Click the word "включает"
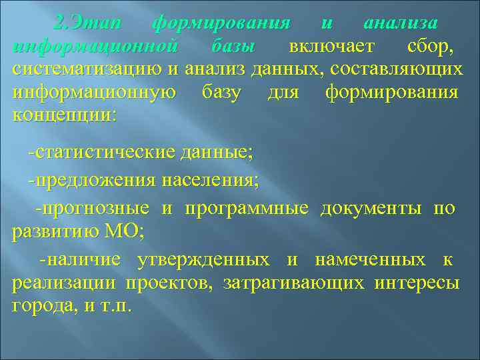pyautogui.click(x=331, y=47)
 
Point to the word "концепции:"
pyautogui.click(x=64, y=113)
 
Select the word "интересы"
pyautogui.click(x=417, y=283)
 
